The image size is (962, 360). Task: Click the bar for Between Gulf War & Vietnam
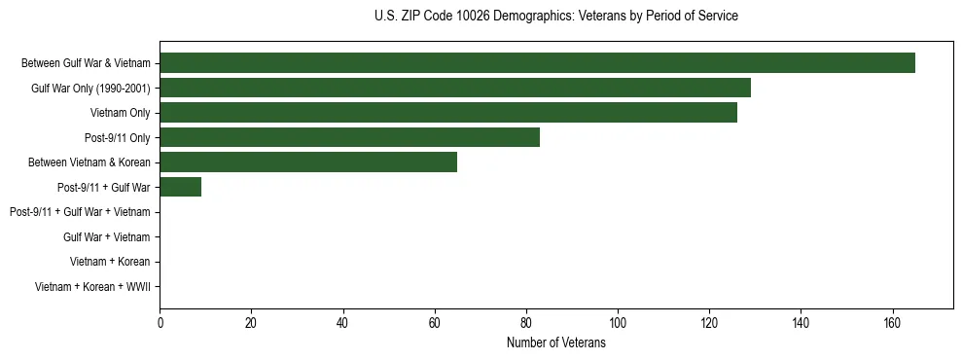[x=537, y=63]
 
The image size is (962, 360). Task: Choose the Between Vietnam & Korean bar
[x=308, y=162]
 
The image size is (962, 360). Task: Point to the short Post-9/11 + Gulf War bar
[x=180, y=187]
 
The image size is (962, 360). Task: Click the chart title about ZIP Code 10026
[x=555, y=17]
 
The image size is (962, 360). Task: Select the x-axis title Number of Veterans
[x=555, y=343]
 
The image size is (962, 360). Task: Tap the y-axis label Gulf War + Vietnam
[x=106, y=236]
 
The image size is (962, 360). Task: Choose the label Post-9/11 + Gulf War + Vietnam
[x=80, y=212]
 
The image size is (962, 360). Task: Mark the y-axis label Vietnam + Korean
[x=110, y=262]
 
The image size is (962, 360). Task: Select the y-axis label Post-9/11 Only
[x=118, y=138]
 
